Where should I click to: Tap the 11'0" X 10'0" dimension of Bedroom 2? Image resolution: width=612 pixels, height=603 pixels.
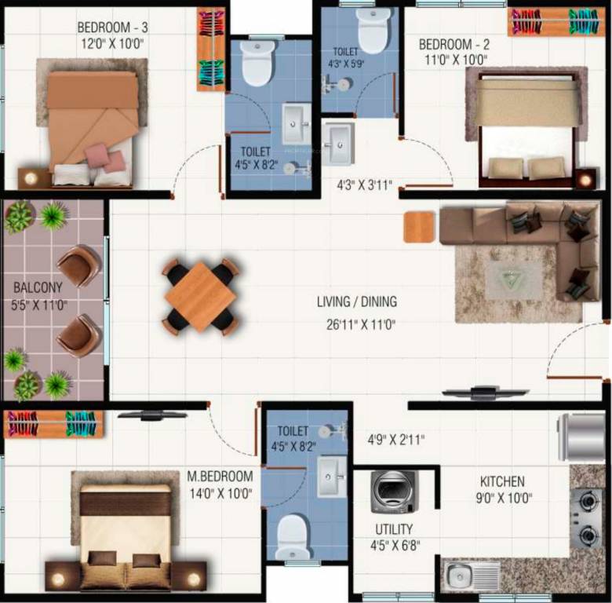[x=454, y=60]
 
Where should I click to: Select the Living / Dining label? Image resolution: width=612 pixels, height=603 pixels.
[x=356, y=301]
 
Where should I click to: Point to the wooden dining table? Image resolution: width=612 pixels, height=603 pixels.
[x=200, y=296]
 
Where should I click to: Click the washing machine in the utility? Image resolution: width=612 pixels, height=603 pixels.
[x=395, y=493]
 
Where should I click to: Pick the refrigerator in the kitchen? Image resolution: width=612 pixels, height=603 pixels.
[x=581, y=437]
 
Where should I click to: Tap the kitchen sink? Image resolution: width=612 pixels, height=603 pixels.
[x=463, y=576]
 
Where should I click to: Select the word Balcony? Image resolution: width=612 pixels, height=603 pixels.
[x=38, y=287]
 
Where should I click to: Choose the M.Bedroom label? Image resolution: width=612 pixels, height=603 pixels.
[x=220, y=477]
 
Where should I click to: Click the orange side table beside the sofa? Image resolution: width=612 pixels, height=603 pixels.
[x=419, y=227]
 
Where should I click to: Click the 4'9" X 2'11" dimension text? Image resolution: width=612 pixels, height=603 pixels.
[x=395, y=440]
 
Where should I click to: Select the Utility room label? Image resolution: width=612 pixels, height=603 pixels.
[x=394, y=529]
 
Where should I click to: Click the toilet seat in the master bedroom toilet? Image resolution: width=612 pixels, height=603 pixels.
[x=294, y=537]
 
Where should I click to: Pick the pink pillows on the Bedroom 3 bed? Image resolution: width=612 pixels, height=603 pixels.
[x=106, y=157]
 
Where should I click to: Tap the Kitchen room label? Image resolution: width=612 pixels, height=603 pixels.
[x=502, y=481]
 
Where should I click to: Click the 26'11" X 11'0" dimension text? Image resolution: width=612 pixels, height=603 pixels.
[x=356, y=323]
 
